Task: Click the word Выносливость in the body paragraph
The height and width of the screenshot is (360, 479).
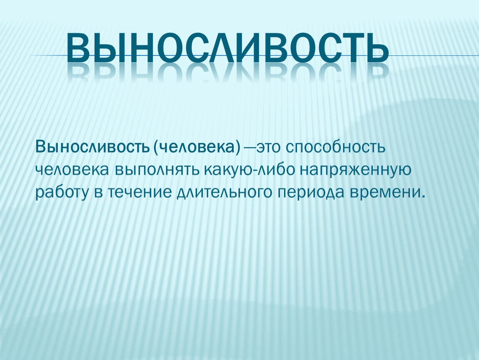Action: pos(92,147)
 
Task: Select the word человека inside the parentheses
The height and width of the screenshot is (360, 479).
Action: pos(197,147)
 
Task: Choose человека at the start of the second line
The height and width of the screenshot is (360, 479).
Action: pos(72,170)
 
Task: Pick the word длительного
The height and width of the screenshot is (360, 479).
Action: pos(224,192)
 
